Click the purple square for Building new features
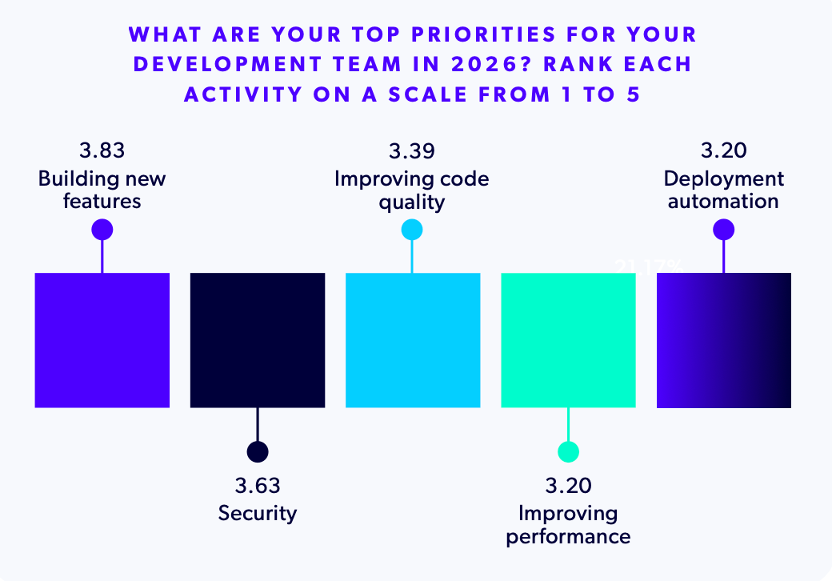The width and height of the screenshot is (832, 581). [102, 340]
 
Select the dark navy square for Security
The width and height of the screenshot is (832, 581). [257, 340]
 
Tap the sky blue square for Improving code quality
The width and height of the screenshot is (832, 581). [412, 340]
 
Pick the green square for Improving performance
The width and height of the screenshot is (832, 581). [568, 340]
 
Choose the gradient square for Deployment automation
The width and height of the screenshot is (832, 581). [723, 340]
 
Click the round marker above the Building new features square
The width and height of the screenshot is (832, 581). [102, 230]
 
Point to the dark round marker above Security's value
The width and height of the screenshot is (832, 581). [257, 451]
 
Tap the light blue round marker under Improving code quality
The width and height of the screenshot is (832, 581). [412, 230]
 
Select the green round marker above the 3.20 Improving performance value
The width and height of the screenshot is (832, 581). [568, 451]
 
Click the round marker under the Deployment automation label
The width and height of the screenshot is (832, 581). [723, 230]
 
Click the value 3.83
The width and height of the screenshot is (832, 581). [102, 151]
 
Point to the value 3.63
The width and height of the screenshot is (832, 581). [257, 486]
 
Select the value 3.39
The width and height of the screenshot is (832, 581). [412, 151]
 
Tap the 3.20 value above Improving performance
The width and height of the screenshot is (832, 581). [568, 486]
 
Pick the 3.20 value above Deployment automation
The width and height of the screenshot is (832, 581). [723, 151]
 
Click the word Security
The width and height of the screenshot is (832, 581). [257, 512]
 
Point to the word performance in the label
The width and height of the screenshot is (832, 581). [568, 535]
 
